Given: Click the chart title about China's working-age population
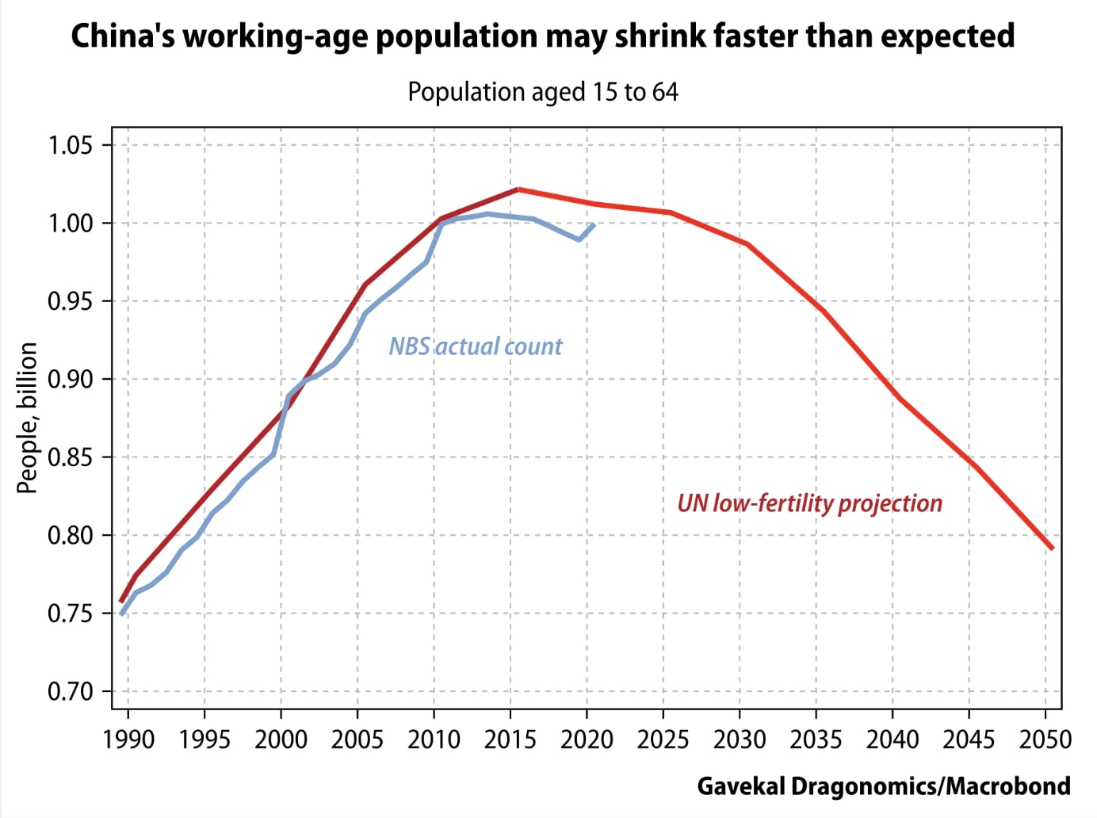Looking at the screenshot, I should (x=543, y=36).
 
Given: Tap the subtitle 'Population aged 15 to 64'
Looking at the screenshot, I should (x=543, y=92).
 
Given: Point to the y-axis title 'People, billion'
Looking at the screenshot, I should (x=27, y=418).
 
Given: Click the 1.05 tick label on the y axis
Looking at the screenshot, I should (x=70, y=146).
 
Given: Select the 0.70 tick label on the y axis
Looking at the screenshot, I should (x=70, y=692).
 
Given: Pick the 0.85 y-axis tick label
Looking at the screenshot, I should (x=70, y=458).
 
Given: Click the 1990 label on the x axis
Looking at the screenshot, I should (x=128, y=740).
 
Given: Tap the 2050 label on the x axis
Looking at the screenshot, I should (x=1045, y=740).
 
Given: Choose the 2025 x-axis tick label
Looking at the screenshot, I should (x=663, y=740).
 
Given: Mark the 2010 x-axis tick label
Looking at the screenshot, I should (x=434, y=740).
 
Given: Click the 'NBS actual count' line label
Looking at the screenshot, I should (x=475, y=346).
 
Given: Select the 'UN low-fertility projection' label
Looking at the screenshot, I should (x=809, y=503).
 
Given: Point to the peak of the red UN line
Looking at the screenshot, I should (x=518, y=189).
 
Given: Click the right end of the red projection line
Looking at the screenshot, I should (x=1052, y=548).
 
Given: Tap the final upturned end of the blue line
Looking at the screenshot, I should (x=593, y=225).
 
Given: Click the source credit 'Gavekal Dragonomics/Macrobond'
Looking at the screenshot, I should (x=884, y=786).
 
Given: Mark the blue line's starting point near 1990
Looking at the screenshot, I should (x=121, y=613).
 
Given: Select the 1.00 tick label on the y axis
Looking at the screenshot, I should (x=70, y=224).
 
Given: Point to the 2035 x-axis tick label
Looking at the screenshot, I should (x=816, y=740).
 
